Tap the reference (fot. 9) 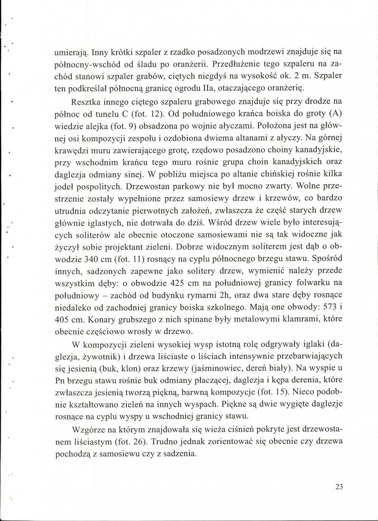pyautogui.click(x=131, y=128)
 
